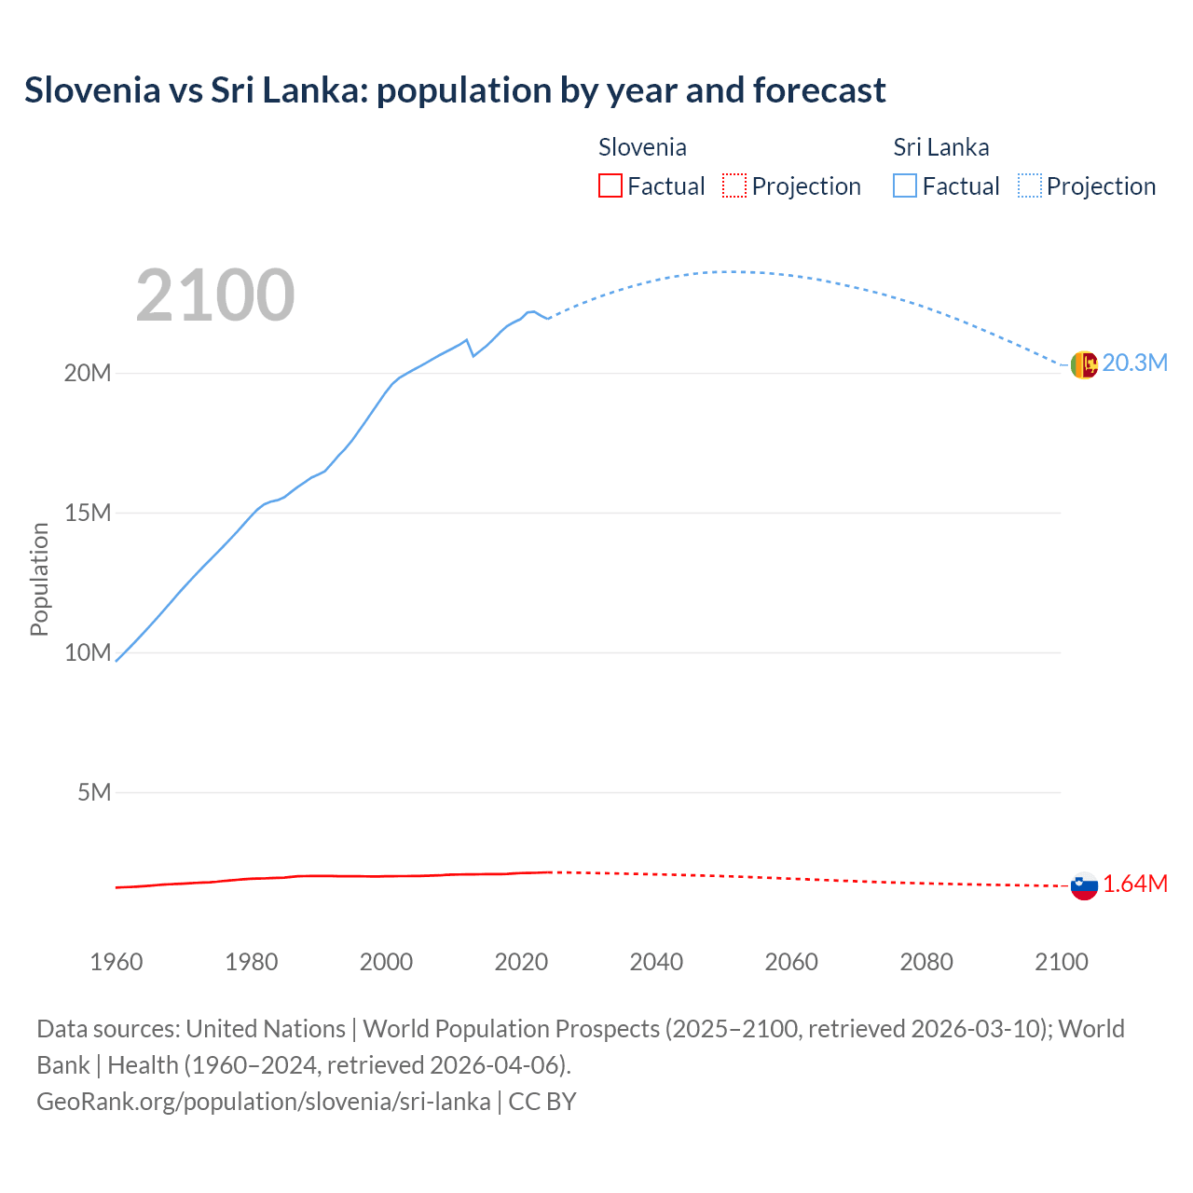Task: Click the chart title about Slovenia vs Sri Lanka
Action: pyautogui.click(x=455, y=90)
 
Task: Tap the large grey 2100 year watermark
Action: pyautogui.click(x=215, y=295)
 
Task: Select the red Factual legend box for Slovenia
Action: pyautogui.click(x=610, y=185)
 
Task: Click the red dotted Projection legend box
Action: pyautogui.click(x=734, y=185)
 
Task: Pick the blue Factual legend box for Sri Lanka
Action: pyautogui.click(x=905, y=185)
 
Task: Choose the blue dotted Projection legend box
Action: pyautogui.click(x=1030, y=185)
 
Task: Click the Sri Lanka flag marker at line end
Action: pyautogui.click(x=1084, y=364)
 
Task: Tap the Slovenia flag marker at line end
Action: pyautogui.click(x=1084, y=885)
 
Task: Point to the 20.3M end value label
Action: pyautogui.click(x=1134, y=363)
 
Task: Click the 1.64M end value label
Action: pyautogui.click(x=1135, y=884)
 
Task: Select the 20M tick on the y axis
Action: pyautogui.click(x=88, y=373)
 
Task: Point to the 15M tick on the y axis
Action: pyautogui.click(x=88, y=513)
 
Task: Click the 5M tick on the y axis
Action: pyautogui.click(x=94, y=792)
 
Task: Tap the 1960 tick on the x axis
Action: pyautogui.click(x=117, y=962)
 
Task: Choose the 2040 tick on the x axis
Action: pyautogui.click(x=656, y=962)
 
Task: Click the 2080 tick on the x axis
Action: pyautogui.click(x=926, y=962)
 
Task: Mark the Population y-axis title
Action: pyautogui.click(x=39, y=579)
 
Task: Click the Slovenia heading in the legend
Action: pyautogui.click(x=642, y=147)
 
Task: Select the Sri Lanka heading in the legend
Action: pyautogui.click(x=941, y=147)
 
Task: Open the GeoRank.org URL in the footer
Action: pyautogui.click(x=264, y=1102)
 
